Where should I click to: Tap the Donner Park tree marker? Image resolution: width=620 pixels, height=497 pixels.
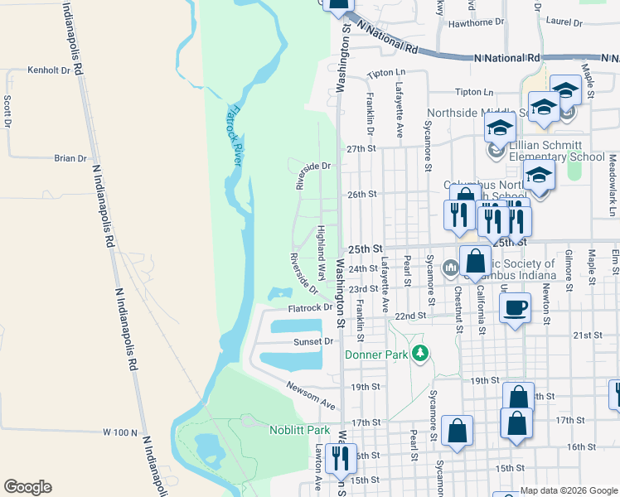point(420,354)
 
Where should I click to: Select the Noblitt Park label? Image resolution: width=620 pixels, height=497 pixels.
point(299,429)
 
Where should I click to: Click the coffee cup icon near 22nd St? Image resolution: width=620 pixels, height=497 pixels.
point(515,308)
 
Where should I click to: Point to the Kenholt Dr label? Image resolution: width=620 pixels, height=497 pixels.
point(48,70)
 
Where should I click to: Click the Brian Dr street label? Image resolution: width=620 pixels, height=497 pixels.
point(70,158)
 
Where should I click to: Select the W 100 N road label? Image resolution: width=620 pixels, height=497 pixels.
point(119,432)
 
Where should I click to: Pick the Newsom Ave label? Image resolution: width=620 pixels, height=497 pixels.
point(311,396)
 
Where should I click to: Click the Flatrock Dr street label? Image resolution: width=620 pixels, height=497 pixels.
point(310,308)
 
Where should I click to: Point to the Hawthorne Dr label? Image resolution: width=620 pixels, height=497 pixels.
point(476,22)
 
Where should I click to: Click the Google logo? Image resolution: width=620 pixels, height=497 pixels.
point(27,486)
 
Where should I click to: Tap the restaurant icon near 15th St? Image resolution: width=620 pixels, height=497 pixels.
point(341,457)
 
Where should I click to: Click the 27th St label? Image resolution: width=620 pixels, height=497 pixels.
point(361,148)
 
